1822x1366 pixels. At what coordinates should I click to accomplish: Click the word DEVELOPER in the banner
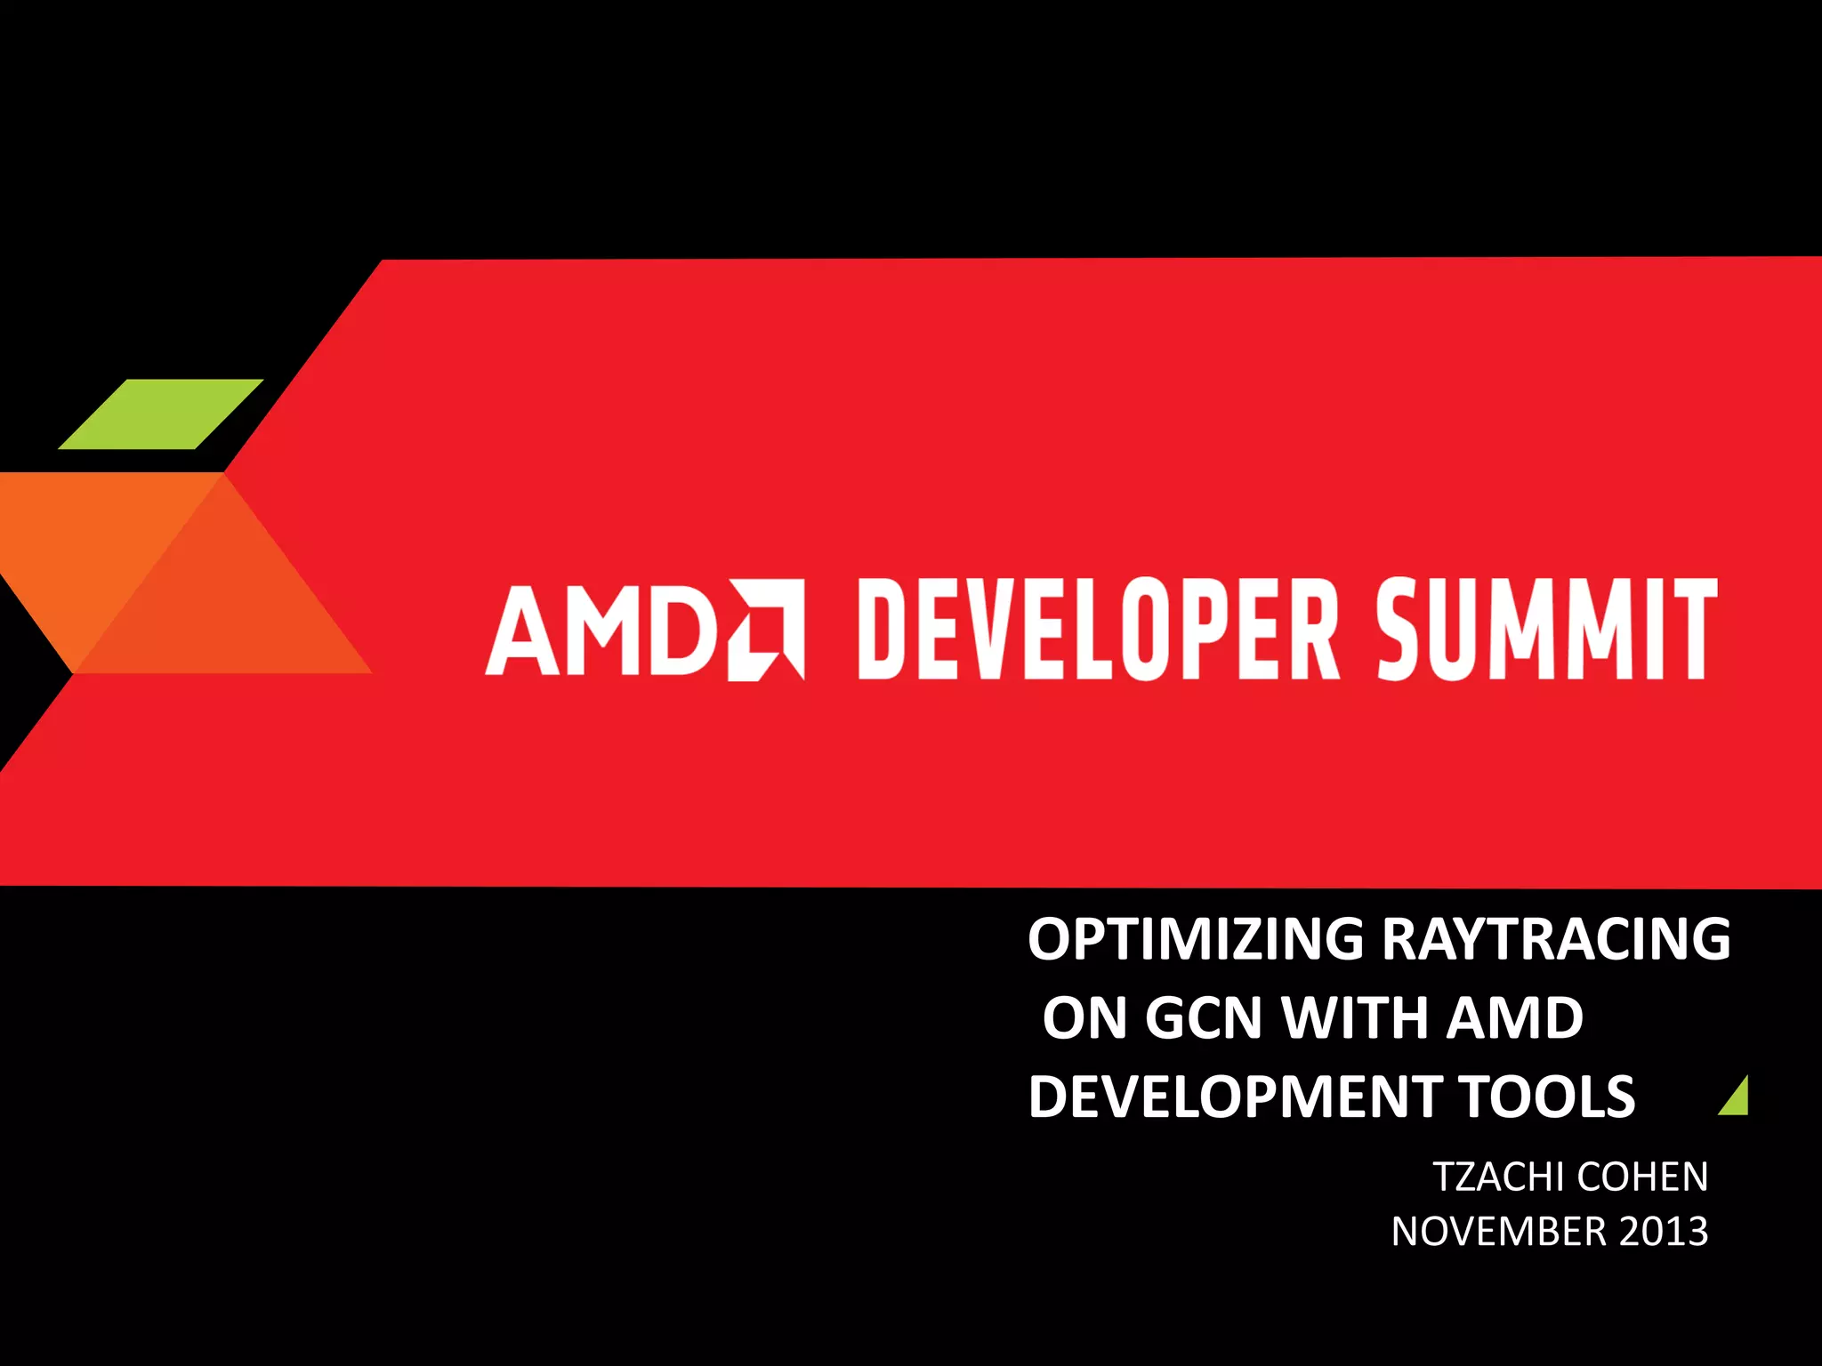click(1099, 630)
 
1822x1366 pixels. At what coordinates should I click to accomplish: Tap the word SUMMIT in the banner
click(1546, 630)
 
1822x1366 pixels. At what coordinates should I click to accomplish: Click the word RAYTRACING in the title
click(1557, 939)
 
